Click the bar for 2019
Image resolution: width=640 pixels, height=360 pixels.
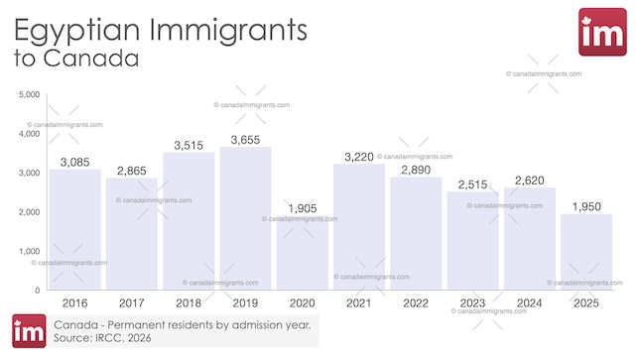(245, 218)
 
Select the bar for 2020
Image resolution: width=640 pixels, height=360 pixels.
(302, 253)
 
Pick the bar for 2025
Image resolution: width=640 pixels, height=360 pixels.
(585, 252)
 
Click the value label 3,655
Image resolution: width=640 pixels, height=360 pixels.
(245, 140)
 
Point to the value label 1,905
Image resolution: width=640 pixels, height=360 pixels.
(302, 208)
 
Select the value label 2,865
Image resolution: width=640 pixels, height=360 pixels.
(131, 171)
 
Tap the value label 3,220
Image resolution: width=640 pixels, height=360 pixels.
(358, 157)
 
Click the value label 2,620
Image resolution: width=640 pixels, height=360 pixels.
(529, 180)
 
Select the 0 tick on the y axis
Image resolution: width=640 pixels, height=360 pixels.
(36, 291)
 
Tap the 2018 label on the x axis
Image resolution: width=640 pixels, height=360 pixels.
(189, 300)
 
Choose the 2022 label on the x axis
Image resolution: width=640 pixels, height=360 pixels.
(415, 300)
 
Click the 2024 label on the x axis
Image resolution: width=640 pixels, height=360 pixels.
(529, 300)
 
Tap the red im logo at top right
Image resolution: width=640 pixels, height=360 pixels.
(601, 32)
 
